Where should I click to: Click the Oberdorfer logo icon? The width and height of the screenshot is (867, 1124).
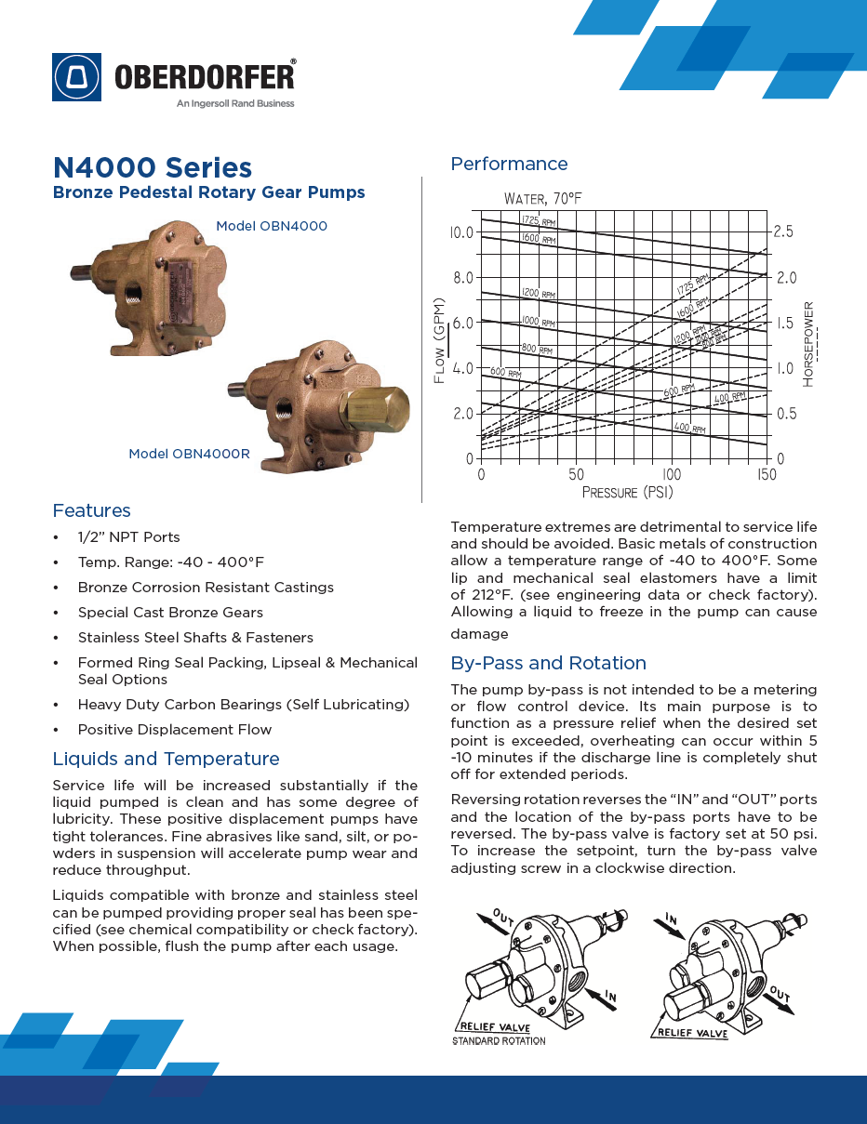click(x=77, y=76)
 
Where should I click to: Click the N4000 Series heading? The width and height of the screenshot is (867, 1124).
click(x=153, y=167)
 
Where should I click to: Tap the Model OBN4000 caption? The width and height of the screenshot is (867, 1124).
click(x=272, y=226)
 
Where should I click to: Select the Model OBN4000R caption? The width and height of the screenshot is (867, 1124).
click(x=189, y=454)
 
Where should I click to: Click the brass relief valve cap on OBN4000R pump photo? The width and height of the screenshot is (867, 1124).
click(x=376, y=406)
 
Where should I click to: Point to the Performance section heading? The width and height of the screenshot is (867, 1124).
click(x=509, y=165)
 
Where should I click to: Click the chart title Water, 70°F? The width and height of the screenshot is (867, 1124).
click(x=543, y=199)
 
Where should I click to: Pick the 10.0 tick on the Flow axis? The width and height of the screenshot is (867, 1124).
click(x=461, y=231)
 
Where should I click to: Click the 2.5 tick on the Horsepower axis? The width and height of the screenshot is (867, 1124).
click(x=783, y=231)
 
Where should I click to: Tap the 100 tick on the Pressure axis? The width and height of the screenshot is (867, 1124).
click(x=672, y=475)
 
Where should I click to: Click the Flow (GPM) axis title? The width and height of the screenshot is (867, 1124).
click(x=440, y=341)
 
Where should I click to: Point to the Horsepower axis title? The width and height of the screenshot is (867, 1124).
click(x=808, y=344)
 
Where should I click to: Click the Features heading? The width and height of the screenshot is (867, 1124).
click(x=91, y=510)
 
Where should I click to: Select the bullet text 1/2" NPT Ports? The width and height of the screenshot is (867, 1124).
click(x=128, y=537)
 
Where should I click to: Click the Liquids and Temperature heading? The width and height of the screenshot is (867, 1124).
click(x=166, y=759)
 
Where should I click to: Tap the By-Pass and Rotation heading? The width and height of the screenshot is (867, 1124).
click(x=548, y=663)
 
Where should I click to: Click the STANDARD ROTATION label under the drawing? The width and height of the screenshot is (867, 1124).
click(x=499, y=1040)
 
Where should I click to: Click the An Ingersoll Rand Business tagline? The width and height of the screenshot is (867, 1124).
click(x=235, y=103)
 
